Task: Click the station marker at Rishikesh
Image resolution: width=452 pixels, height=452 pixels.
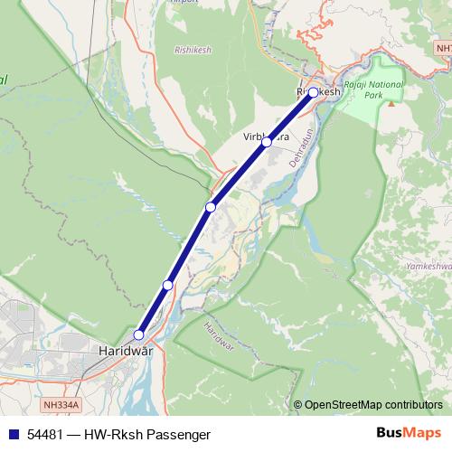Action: pyautogui.click(x=313, y=92)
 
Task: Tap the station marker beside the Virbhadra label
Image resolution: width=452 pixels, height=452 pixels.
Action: pyautogui.click(x=267, y=142)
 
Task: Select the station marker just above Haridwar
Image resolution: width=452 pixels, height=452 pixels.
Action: pyautogui.click(x=138, y=334)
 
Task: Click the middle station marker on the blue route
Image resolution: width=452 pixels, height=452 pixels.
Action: pyautogui.click(x=211, y=208)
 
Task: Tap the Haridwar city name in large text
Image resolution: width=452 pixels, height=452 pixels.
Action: pyautogui.click(x=125, y=349)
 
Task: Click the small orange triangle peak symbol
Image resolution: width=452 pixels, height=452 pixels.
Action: pyautogui.click(x=391, y=103)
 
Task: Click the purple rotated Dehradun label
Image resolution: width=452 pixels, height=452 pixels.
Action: pyautogui.click(x=299, y=146)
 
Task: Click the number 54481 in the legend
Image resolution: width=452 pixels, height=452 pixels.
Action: pyautogui.click(x=45, y=435)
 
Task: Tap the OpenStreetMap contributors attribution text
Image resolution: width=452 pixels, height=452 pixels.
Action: pyautogui.click(x=372, y=405)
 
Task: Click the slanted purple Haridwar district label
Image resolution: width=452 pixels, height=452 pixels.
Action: pyautogui.click(x=218, y=336)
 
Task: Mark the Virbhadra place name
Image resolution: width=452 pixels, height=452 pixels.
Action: pyautogui.click(x=266, y=137)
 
